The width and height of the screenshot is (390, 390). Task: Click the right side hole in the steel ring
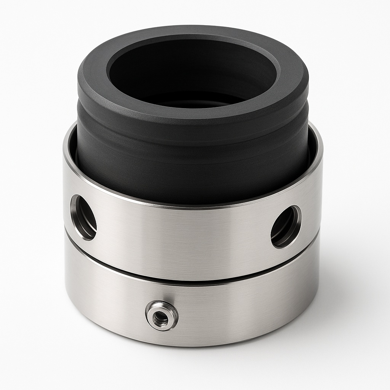[x=286, y=227]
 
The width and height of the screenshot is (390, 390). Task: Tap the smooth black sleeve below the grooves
[x=190, y=175]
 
